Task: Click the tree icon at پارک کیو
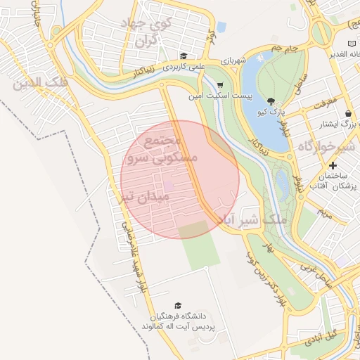coord(271,101)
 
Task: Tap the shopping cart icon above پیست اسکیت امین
coord(219,84)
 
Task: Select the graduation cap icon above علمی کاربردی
coord(184,56)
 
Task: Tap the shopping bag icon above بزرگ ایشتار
coord(348,113)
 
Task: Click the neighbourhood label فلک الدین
coord(40,83)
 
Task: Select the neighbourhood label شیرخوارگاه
coord(328,147)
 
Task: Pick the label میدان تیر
coord(143,197)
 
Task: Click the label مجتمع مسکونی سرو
coord(160,150)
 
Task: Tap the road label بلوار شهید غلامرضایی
coord(134,257)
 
